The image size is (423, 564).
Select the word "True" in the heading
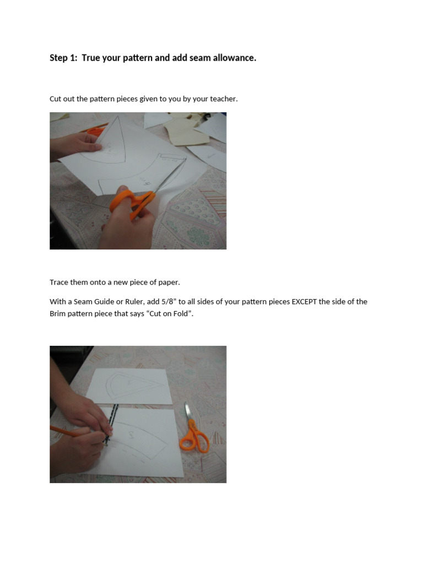[x=92, y=58]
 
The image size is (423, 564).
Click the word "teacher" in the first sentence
[x=223, y=99]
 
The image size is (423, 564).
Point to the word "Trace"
[x=58, y=282]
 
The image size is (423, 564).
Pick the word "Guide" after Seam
[x=101, y=302]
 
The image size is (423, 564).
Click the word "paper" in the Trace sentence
[x=169, y=282]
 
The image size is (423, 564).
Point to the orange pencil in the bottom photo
[x=69, y=431]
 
